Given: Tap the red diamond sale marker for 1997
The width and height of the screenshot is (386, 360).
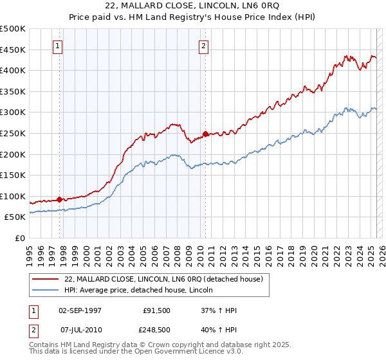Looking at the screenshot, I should tap(60, 199).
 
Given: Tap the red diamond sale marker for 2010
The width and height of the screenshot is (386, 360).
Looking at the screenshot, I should tap(205, 134).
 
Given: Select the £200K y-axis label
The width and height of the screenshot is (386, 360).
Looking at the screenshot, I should tap(13, 154).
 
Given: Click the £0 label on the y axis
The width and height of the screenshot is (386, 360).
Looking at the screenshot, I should tap(20, 239).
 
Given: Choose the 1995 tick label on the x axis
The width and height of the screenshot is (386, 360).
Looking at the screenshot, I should tap(30, 252).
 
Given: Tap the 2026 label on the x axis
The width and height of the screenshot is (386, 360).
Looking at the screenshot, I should tap(379, 252).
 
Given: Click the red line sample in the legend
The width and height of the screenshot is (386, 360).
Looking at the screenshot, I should tap(45, 280).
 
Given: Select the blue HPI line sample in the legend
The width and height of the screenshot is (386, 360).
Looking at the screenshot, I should tap(45, 291).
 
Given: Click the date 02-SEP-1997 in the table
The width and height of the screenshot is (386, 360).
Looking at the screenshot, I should tap(80, 311).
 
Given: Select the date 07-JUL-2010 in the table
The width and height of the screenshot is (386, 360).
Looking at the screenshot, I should tap(80, 330).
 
